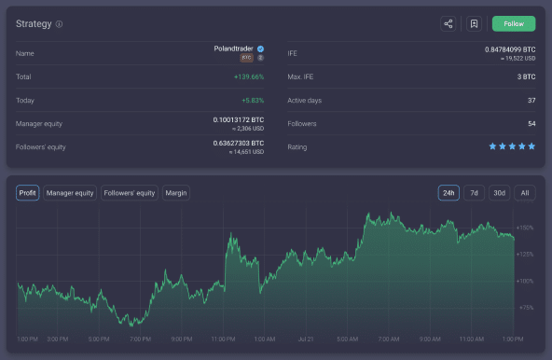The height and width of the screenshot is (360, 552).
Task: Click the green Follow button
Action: (514, 24)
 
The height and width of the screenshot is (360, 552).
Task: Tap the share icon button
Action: (448, 24)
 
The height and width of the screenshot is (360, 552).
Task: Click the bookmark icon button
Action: (474, 24)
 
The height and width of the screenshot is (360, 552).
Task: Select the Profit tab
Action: (28, 193)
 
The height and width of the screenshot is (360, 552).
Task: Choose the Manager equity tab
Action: (70, 193)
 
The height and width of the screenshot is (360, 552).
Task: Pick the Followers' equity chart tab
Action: (130, 193)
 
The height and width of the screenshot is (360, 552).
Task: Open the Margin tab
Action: (176, 193)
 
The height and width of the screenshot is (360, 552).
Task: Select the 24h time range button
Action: (449, 193)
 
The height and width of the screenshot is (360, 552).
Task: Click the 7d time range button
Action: (475, 193)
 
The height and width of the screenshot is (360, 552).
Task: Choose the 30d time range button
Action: (500, 193)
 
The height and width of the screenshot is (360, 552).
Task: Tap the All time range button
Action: (525, 193)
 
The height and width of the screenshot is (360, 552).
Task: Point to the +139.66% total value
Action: (248, 76)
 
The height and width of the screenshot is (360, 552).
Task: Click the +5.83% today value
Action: (253, 100)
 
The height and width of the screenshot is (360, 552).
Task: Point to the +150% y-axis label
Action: (525, 228)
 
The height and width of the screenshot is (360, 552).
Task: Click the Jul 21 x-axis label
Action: (305, 339)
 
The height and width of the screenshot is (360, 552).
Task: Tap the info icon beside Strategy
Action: (59, 24)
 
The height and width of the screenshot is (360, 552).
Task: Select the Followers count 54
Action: (531, 123)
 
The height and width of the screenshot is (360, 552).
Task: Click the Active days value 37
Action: (531, 100)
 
